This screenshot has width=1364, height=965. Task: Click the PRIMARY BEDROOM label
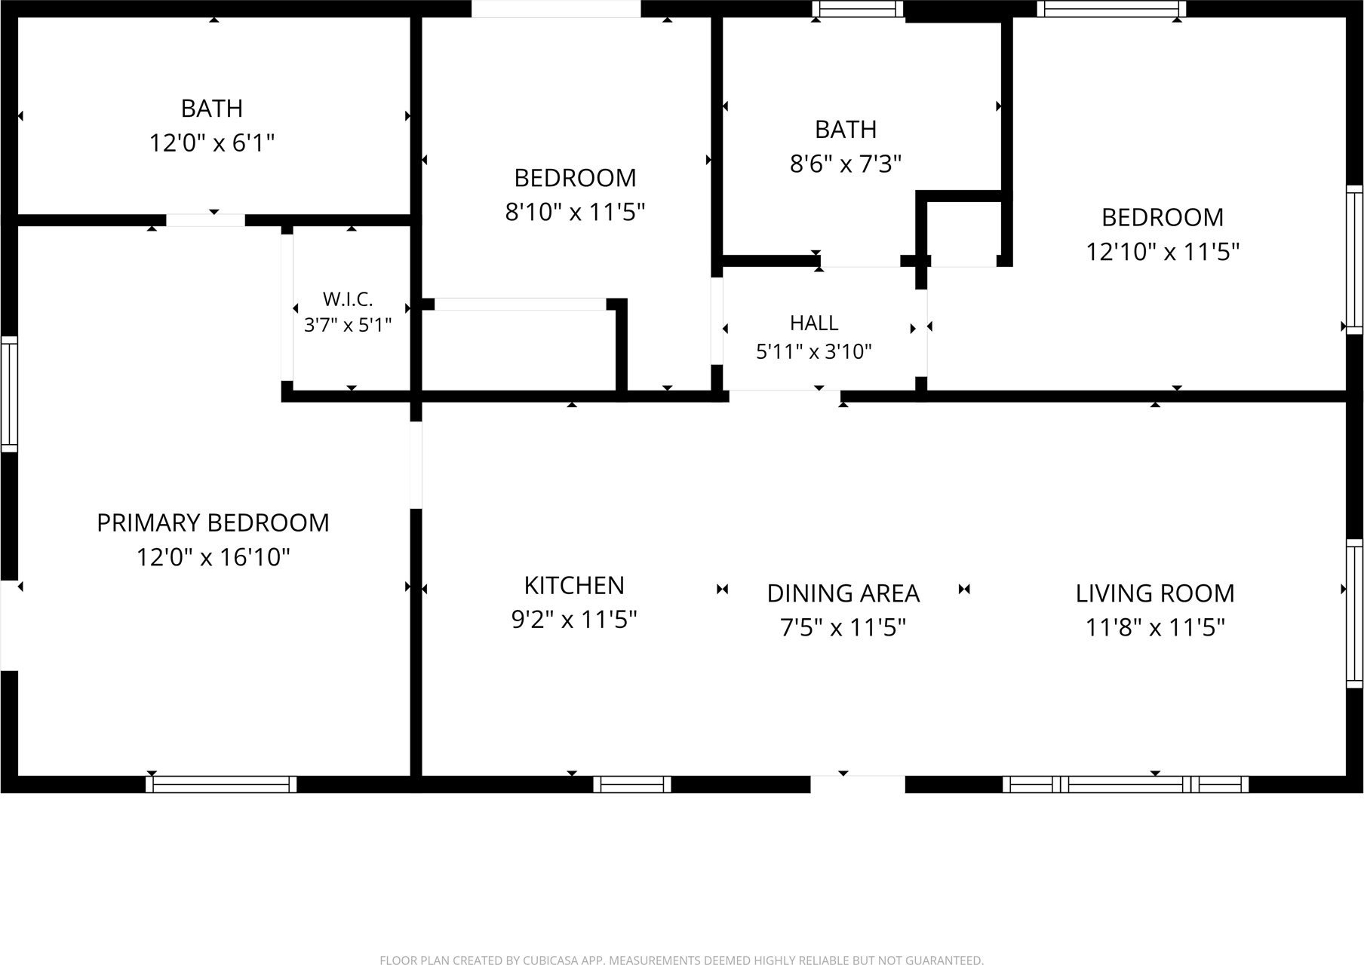[x=213, y=522]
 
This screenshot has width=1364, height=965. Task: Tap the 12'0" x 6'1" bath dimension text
[x=212, y=142]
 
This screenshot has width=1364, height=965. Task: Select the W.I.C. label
[x=348, y=299]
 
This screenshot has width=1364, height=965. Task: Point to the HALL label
[x=814, y=323]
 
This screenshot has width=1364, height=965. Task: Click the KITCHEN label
[x=574, y=585]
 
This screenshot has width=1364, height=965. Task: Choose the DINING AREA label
[x=843, y=593]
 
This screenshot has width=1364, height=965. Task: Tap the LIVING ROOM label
[x=1155, y=593]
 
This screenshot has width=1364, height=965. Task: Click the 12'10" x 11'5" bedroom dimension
[x=1163, y=251]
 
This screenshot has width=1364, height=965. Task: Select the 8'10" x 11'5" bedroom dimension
[x=575, y=212]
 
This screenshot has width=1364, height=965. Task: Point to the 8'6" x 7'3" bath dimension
[x=846, y=164]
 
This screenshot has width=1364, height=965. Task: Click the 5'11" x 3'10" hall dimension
[x=814, y=351]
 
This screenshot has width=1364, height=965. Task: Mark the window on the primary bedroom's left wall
[x=9, y=394]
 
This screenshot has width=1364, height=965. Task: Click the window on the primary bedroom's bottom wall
[x=221, y=784]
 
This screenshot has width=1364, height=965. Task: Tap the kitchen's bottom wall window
[x=632, y=784]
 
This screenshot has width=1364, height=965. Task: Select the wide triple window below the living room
[x=1125, y=784]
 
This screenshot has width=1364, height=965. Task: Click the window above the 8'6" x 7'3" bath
[x=858, y=8]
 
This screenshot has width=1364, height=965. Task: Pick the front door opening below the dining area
[x=858, y=784]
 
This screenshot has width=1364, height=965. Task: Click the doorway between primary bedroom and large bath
[x=205, y=220]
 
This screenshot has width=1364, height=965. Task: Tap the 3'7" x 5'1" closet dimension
[x=348, y=326]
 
